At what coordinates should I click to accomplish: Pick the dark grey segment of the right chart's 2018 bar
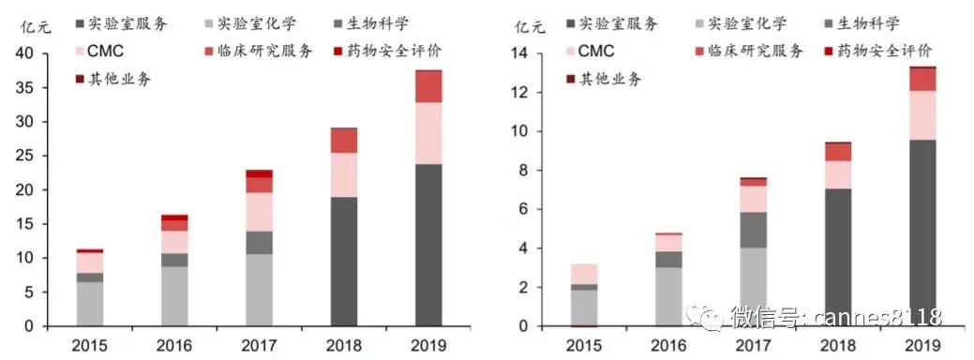[x=839, y=257]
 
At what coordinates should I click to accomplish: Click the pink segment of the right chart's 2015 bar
[x=584, y=274]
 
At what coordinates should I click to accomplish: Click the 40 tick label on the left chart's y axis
[x=24, y=54]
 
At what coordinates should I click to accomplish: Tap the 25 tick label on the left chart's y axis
[x=24, y=157]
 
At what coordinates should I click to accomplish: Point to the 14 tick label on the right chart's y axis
[x=519, y=54]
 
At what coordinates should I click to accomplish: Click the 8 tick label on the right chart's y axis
[x=524, y=171]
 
